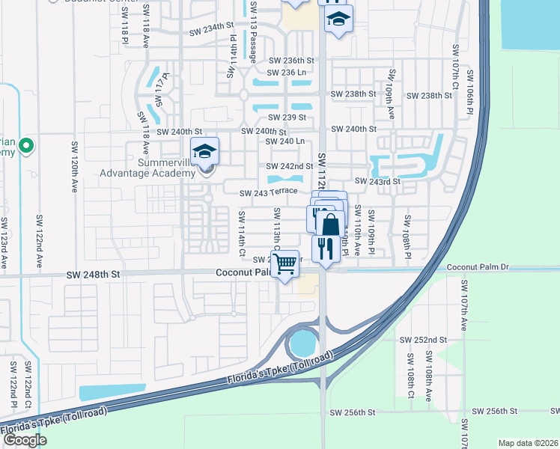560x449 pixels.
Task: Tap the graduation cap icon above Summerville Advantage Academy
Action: tap(204, 151)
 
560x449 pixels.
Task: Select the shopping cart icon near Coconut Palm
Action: tap(284, 263)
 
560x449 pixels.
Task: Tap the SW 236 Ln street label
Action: tap(287, 73)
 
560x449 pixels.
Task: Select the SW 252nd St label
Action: tap(424, 339)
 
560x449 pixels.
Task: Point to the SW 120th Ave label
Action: tap(75, 167)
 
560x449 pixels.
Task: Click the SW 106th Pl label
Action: tap(470, 91)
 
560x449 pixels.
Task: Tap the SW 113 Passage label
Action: tap(254, 31)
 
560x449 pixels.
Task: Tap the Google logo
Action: tap(25, 439)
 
